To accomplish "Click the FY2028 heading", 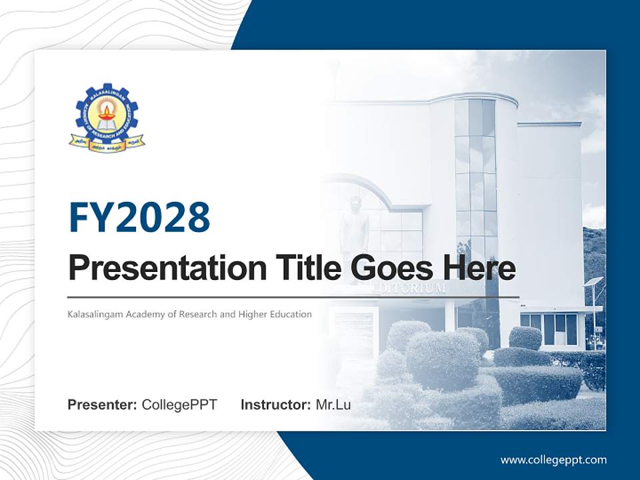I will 139,217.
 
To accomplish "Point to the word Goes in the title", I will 390,268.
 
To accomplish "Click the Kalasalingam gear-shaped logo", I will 107,116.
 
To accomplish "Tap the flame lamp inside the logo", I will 107,111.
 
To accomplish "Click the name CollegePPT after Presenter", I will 179,405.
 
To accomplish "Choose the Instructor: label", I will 275,405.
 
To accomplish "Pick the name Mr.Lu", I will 333,405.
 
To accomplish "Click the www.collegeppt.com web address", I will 553,459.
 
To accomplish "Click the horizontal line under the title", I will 293,297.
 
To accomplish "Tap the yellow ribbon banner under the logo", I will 107,143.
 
